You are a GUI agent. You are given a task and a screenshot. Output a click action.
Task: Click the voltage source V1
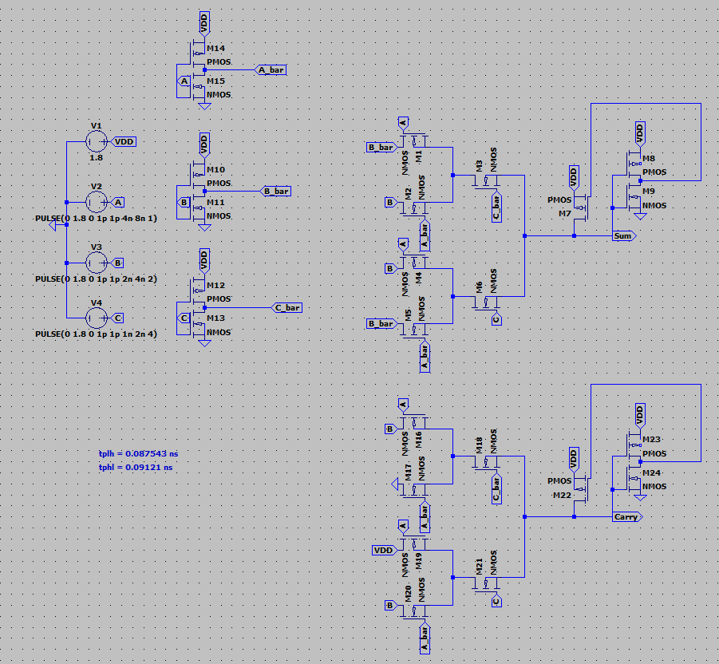tap(96, 141)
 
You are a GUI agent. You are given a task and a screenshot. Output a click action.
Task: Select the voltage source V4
tap(96, 318)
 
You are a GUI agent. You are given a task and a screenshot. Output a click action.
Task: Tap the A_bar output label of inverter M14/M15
tap(271, 70)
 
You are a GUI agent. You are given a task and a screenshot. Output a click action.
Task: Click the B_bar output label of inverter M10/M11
tap(275, 191)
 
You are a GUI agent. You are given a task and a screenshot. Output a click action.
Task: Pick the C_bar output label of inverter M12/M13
tap(286, 307)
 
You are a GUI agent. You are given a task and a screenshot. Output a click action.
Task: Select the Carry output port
tap(626, 517)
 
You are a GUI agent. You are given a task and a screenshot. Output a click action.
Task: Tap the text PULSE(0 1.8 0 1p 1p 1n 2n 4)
tap(96, 334)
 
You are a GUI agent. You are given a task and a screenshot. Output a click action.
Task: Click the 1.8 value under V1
tap(96, 158)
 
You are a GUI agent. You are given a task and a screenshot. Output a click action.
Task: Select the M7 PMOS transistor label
tap(564, 213)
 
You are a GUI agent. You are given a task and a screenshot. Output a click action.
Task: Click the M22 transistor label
tap(562, 496)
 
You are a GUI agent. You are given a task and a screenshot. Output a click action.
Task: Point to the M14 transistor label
tap(215, 48)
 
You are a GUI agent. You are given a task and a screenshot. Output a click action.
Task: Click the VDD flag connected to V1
tap(125, 141)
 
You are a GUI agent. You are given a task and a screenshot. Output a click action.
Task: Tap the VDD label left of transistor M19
tap(383, 551)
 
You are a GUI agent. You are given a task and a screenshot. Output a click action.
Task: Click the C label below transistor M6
tap(496, 319)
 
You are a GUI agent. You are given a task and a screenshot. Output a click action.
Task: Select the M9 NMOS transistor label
tap(649, 192)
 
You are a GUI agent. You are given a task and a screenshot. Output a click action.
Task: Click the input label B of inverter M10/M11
tap(184, 203)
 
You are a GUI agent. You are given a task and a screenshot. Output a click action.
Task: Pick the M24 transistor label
tap(652, 472)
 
